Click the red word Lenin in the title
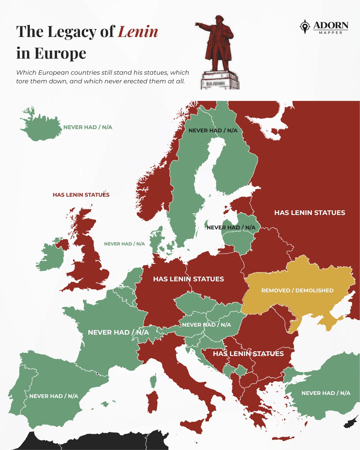(x=138, y=32)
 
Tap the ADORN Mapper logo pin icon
(x=305, y=26)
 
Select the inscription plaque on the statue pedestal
(x=215, y=83)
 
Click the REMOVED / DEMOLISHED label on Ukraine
(x=297, y=290)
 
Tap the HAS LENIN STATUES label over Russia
(x=309, y=213)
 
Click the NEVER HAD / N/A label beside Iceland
(x=88, y=127)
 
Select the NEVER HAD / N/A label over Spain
(x=54, y=396)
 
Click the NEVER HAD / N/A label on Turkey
(x=326, y=393)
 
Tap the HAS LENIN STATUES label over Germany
(x=188, y=279)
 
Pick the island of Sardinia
(x=152, y=402)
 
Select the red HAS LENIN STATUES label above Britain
(x=81, y=195)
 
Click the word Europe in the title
(x=60, y=53)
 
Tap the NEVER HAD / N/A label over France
(x=118, y=332)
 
